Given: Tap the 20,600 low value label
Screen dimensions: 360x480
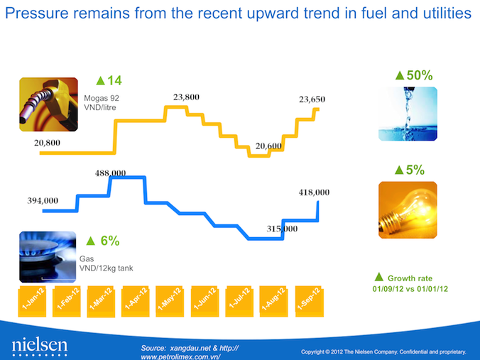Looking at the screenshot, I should click(x=269, y=146).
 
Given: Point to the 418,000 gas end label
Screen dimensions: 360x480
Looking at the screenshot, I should click(x=313, y=192).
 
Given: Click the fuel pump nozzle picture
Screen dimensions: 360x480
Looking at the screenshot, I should click(x=48, y=104).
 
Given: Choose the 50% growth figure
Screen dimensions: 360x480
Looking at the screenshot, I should click(x=414, y=75).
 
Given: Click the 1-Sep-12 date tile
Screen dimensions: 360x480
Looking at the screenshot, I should click(x=312, y=300).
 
